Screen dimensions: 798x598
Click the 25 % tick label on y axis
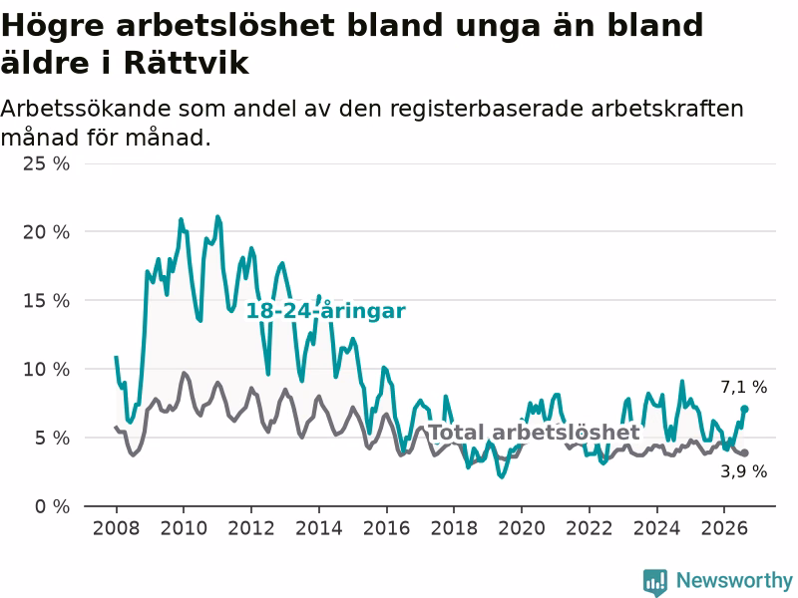pyautogui.click(x=46, y=163)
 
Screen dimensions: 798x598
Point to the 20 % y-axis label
pyautogui.click(x=46, y=232)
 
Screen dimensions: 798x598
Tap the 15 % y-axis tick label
pyautogui.click(x=46, y=301)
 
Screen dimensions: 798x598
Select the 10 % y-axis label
pyautogui.click(x=46, y=369)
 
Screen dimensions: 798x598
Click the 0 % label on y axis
pyautogui.click(x=53, y=506)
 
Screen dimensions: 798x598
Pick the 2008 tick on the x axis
pyautogui.click(x=116, y=528)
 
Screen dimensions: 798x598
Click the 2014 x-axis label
pyautogui.click(x=319, y=528)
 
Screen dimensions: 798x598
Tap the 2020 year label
pyautogui.click(x=522, y=528)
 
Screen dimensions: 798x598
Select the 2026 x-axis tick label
pyautogui.click(x=724, y=528)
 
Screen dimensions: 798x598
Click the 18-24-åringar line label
pyautogui.click(x=326, y=311)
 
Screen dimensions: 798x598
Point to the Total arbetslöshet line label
pyautogui.click(x=535, y=433)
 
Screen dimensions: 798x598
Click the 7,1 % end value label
pyautogui.click(x=743, y=387)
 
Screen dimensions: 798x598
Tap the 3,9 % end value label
pyautogui.click(x=743, y=471)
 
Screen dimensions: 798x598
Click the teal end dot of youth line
pyautogui.click(x=744, y=409)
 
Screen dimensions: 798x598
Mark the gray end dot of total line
pyautogui.click(x=744, y=452)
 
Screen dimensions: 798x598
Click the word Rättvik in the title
pyautogui.click(x=186, y=63)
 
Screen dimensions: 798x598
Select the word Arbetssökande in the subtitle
pyautogui.click(x=85, y=109)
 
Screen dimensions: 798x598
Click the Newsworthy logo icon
pyautogui.click(x=655, y=581)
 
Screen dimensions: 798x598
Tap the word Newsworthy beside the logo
pyautogui.click(x=734, y=580)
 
